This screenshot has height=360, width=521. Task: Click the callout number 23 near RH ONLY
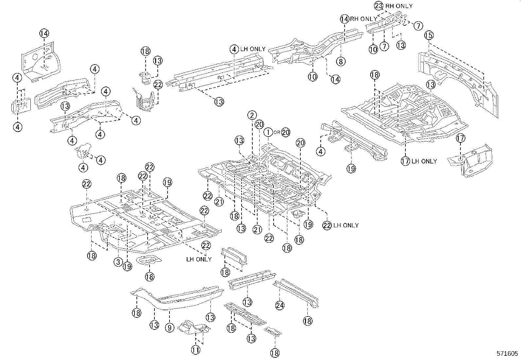[378, 6]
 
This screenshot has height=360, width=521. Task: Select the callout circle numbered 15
[429, 35]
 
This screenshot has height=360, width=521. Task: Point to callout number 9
[170, 327]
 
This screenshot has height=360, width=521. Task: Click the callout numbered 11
[195, 351]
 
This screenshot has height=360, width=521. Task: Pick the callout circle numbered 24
[280, 305]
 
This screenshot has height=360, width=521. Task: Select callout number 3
[118, 262]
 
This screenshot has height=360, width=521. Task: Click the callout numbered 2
[252, 115]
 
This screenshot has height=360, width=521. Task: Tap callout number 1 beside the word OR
[268, 132]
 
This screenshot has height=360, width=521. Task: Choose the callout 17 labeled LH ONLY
[405, 161]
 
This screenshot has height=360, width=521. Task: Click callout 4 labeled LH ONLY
[234, 49]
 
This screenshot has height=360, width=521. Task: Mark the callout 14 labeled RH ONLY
[344, 19]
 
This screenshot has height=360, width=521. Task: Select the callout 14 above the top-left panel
[45, 33]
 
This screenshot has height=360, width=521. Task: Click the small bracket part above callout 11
[194, 328]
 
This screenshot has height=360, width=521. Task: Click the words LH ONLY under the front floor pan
[199, 259]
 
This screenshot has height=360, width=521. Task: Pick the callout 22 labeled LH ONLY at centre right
[327, 225]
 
